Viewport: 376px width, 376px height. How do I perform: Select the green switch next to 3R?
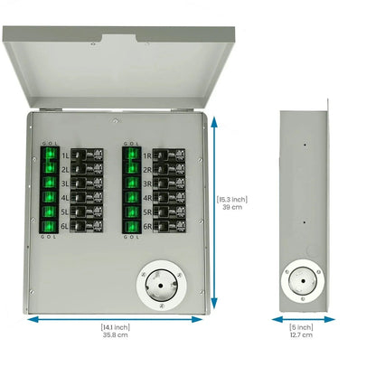[x=130, y=183]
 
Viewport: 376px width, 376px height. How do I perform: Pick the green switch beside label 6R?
[x=130, y=225]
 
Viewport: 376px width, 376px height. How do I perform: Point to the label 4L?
[x=65, y=197]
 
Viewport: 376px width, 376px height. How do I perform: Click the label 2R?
[x=147, y=169]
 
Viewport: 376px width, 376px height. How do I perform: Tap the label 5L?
[x=65, y=211]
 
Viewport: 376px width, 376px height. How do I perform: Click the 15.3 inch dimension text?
[x=232, y=199]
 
